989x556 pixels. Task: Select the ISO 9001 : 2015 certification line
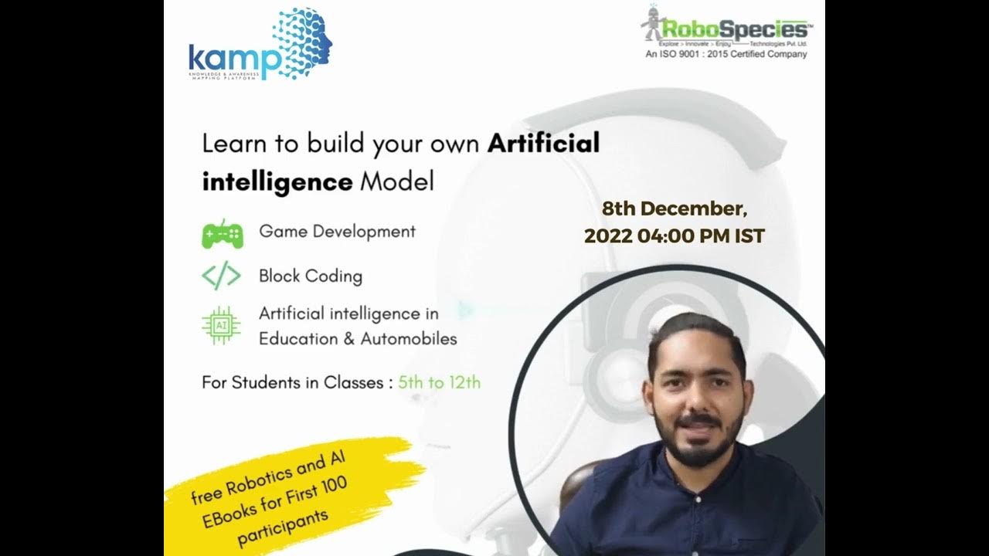click(726, 55)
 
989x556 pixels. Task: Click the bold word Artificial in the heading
click(543, 144)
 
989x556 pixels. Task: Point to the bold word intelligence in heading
click(277, 182)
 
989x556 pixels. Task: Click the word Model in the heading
click(397, 182)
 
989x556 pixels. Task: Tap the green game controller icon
click(222, 233)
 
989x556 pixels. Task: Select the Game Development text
click(337, 231)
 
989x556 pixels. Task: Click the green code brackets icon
click(222, 276)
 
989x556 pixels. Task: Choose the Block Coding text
click(311, 276)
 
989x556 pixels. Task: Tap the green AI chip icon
click(222, 326)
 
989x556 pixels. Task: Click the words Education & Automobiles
click(358, 338)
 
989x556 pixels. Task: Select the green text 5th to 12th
click(439, 381)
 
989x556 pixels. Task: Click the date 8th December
click(674, 208)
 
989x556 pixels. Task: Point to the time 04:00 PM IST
click(700, 236)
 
